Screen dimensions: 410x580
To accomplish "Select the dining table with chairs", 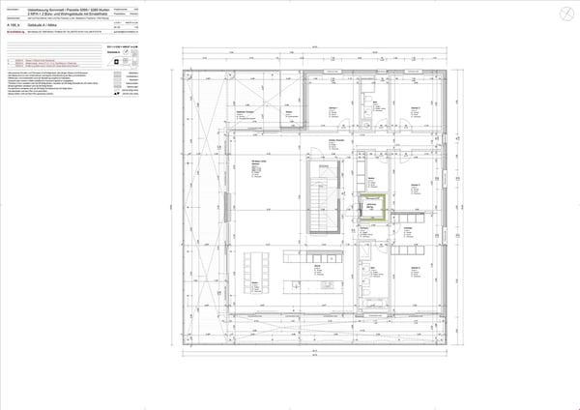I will (256, 275).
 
